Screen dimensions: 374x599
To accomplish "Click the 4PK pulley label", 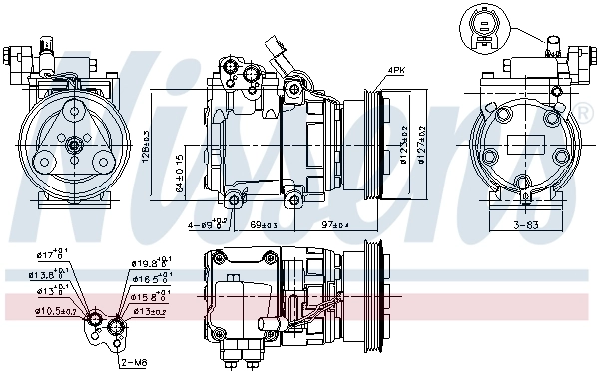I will pyautogui.click(x=396, y=70).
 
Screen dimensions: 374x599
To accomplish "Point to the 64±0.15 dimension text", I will pyautogui.click(x=179, y=171).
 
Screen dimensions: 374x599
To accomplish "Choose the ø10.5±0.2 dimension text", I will pyautogui.click(x=55, y=311).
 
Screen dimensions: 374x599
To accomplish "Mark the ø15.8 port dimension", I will pyautogui.click(x=149, y=297).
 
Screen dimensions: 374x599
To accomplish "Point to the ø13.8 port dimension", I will pyautogui.click(x=47, y=275).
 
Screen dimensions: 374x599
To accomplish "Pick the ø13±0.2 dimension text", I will pyautogui.click(x=151, y=311).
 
